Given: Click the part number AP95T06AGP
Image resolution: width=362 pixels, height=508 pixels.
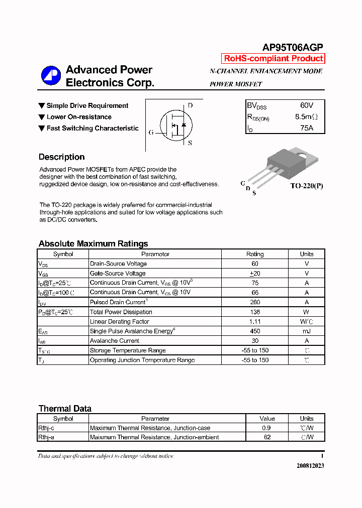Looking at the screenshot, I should point(292,47).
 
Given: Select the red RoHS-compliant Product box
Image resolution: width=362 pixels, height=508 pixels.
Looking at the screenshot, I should point(273,59).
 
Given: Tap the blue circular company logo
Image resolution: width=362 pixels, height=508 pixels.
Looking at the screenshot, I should point(51,76).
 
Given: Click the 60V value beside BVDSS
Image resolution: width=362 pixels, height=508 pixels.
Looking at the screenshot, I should point(306,105).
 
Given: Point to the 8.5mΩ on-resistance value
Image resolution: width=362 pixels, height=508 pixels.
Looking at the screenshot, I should point(306,117).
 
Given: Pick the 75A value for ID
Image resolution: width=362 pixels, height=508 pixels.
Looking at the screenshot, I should point(306,128).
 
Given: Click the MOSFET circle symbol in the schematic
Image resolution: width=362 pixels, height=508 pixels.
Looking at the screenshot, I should point(174,125).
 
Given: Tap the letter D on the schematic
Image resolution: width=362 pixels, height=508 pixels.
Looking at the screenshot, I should point(190,106).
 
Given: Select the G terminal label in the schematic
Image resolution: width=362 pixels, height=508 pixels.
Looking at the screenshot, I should point(151,133).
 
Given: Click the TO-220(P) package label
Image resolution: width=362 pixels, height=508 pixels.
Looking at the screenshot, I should point(306,186).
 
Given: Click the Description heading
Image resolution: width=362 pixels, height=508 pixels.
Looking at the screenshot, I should point(61,157).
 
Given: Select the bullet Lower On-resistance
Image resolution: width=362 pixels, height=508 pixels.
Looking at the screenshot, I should point(78,117).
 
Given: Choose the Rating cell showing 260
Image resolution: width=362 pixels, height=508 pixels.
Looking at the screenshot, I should point(255,302).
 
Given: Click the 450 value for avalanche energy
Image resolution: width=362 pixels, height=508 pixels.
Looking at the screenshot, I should point(255,331).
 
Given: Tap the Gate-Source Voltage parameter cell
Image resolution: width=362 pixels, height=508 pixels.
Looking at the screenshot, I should point(118,274).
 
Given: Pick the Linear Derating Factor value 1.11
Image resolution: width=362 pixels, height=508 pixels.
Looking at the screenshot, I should point(255,321).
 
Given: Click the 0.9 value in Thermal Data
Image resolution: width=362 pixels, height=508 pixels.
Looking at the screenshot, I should point(267,428).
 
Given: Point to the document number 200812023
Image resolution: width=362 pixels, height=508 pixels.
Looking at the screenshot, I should point(310,466).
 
